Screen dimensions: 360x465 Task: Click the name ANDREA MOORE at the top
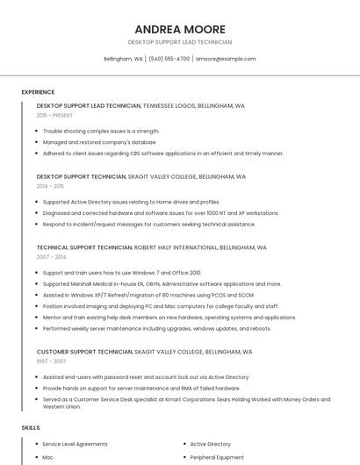point(180,29)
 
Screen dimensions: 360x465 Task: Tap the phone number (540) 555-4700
point(169,59)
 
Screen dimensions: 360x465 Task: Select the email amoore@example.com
point(226,59)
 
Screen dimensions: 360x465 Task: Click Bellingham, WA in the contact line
point(123,59)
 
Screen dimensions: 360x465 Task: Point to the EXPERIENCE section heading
point(38,92)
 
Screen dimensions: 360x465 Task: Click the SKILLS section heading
point(31,427)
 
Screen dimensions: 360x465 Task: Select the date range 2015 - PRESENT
point(54,115)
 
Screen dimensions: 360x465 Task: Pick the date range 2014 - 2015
point(50,186)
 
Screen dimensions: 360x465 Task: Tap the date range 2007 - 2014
point(51,257)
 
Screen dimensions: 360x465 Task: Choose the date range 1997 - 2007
point(51,361)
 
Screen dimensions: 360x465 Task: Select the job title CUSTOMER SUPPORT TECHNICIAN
point(84,351)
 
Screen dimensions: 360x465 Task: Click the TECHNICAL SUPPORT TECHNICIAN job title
point(84,247)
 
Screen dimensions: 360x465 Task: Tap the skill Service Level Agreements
point(75,444)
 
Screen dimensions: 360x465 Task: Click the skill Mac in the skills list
point(48,457)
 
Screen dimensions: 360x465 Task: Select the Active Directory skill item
point(211,444)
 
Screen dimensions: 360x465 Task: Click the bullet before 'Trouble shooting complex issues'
point(36,131)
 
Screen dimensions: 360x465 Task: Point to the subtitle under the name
point(180,42)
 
